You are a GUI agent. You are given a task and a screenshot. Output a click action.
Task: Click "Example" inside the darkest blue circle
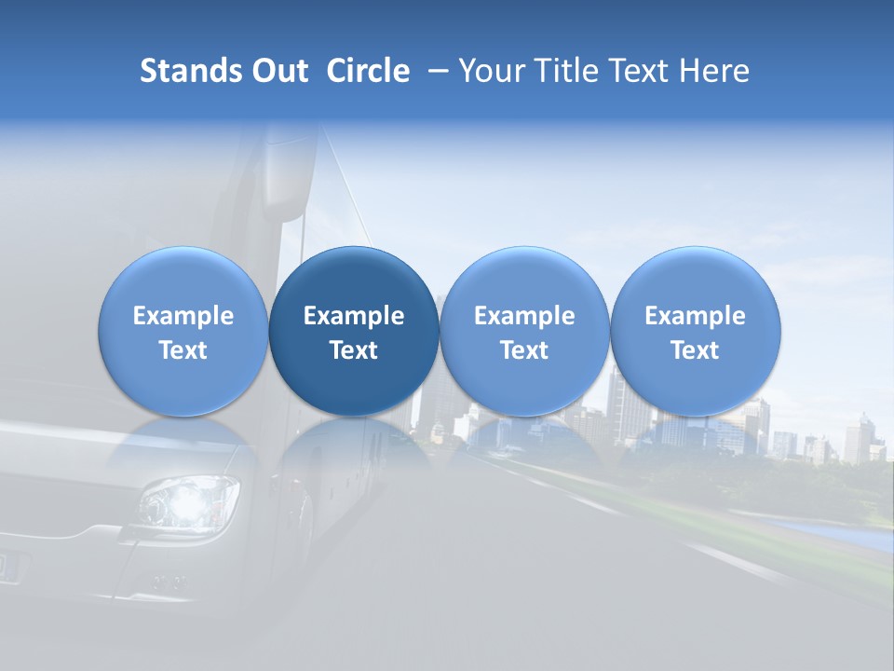(x=354, y=316)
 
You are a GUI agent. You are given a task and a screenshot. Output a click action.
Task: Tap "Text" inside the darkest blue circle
(x=354, y=350)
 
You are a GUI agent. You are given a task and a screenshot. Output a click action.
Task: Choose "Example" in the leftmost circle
(x=183, y=316)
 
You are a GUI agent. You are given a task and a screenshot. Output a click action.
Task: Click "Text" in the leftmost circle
(x=183, y=350)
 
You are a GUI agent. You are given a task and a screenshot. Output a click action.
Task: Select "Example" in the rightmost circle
(x=695, y=316)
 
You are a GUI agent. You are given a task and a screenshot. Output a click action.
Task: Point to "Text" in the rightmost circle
(x=695, y=350)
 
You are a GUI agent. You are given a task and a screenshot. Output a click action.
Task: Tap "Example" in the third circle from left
(x=524, y=316)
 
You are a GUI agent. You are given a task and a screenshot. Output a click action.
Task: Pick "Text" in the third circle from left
(x=524, y=350)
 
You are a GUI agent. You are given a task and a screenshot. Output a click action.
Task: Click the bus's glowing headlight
(x=189, y=503)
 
